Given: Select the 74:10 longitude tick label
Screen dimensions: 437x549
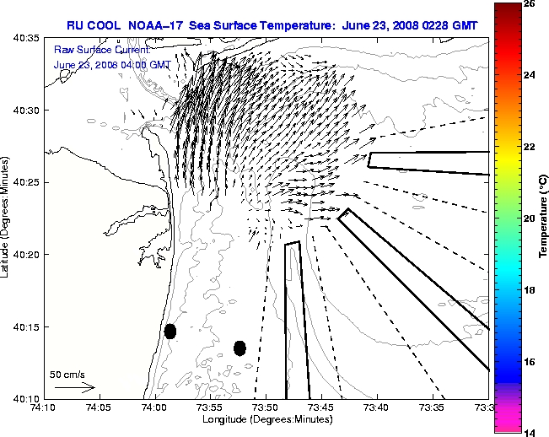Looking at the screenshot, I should [x=43, y=407].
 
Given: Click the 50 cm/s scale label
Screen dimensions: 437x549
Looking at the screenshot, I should [x=67, y=374].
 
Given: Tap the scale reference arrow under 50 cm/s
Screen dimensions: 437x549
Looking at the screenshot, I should [x=74, y=387].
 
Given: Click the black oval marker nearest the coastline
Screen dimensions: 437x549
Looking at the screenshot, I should [x=170, y=331].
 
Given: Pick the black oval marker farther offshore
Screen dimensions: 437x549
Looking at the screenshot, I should [x=240, y=348].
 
